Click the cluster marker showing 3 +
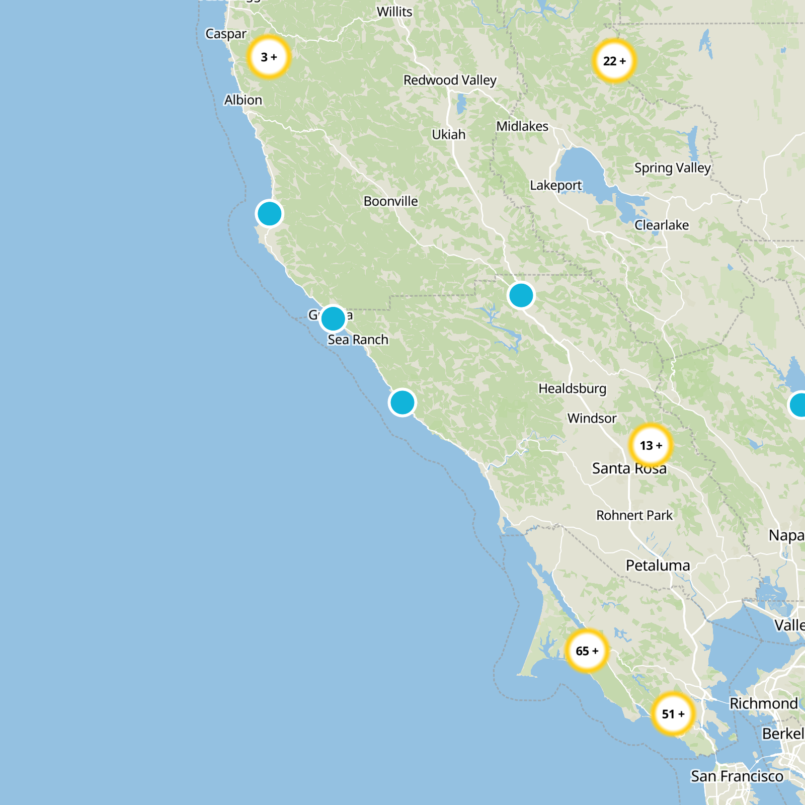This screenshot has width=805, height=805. click(x=269, y=57)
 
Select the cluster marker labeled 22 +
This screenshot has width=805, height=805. click(x=614, y=61)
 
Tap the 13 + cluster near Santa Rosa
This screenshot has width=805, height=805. click(x=651, y=445)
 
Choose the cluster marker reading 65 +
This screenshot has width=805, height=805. click(x=587, y=651)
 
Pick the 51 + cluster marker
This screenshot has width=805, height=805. click(x=673, y=714)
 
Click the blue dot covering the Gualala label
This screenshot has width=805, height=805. click(x=333, y=318)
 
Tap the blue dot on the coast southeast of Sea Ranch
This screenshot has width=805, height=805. click(x=402, y=403)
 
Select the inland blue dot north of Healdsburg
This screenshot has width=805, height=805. click(x=521, y=295)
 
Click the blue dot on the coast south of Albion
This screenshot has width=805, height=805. click(x=269, y=214)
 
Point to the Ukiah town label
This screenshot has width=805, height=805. click(x=449, y=135)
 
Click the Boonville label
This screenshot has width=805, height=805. click(x=391, y=201)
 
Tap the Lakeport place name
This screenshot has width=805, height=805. click(x=555, y=186)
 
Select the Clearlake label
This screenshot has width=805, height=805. click(x=662, y=225)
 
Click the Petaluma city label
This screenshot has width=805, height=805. click(x=658, y=566)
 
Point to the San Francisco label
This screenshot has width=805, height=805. click(x=737, y=776)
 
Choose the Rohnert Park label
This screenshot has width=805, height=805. click(x=634, y=515)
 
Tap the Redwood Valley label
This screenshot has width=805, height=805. click(x=450, y=80)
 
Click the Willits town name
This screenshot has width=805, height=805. click(x=394, y=12)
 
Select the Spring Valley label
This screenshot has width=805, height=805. click(x=672, y=168)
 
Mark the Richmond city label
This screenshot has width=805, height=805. click(x=764, y=703)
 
